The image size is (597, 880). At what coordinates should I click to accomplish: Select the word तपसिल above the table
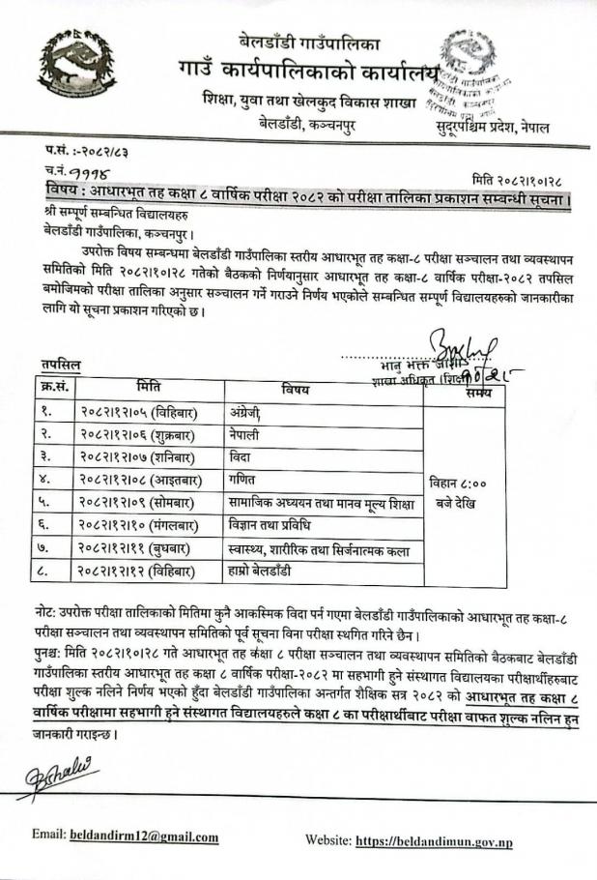(60, 364)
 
